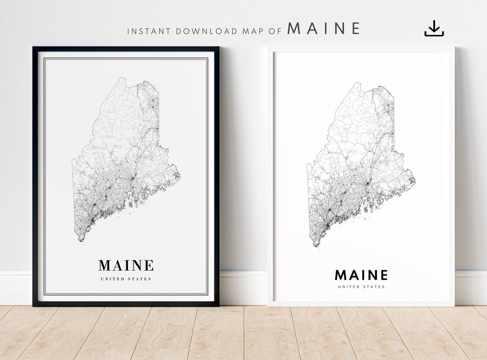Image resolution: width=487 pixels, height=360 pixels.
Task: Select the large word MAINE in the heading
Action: click(x=324, y=29)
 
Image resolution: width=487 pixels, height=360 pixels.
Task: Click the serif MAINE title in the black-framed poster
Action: click(x=126, y=265)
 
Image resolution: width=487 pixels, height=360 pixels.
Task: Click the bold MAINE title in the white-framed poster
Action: click(x=361, y=275)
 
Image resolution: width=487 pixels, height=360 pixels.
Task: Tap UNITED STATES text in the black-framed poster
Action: click(x=126, y=279)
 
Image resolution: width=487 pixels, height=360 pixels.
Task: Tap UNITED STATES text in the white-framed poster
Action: click(x=361, y=286)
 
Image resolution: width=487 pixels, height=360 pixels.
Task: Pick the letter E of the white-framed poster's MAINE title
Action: click(x=383, y=275)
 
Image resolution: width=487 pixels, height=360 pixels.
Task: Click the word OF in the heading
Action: click(x=276, y=31)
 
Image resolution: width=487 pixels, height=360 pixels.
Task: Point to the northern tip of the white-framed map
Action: click(x=356, y=83)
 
